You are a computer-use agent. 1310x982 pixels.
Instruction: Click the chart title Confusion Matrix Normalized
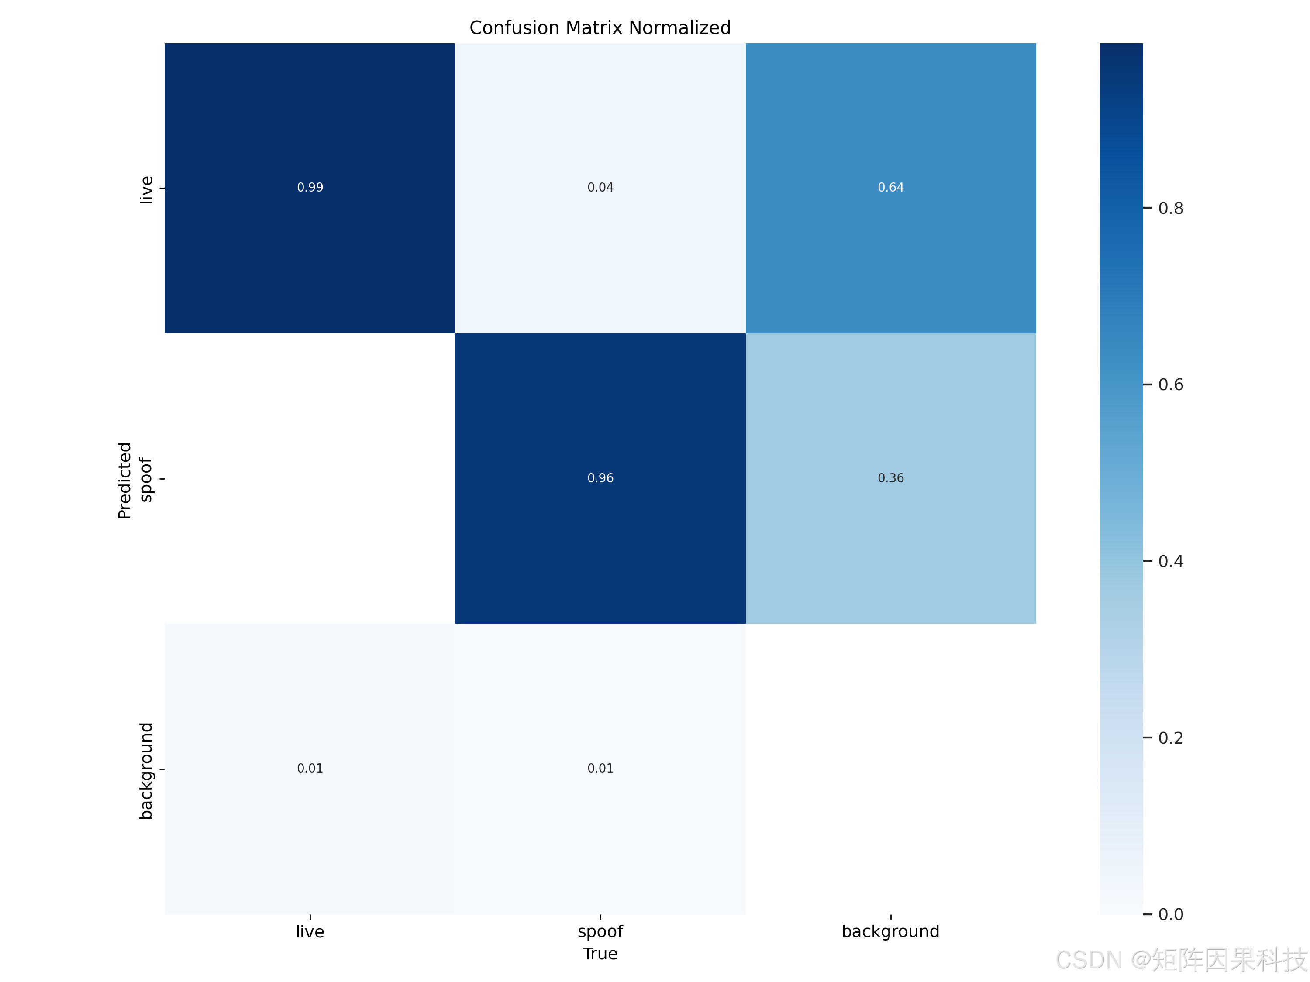(600, 28)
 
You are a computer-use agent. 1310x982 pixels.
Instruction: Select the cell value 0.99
(310, 188)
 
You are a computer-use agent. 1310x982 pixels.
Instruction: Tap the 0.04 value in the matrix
(600, 188)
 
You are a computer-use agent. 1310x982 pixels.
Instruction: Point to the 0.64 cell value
(890, 188)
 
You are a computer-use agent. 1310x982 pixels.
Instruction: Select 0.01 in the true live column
(310, 768)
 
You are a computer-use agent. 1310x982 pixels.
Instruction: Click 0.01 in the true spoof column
(600, 768)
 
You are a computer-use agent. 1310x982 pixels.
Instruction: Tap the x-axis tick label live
(310, 932)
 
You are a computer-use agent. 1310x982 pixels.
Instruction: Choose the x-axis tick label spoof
(600, 932)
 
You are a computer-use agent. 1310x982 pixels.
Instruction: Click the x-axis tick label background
(890, 932)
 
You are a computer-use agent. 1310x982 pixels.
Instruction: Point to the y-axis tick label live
(146, 189)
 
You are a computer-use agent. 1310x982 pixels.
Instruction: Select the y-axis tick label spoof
(146, 480)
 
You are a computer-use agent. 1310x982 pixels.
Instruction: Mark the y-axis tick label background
(146, 771)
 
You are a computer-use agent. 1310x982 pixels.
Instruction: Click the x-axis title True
(600, 954)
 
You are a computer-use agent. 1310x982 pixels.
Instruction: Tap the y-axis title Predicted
(124, 480)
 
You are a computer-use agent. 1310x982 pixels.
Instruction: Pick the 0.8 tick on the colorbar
(1170, 208)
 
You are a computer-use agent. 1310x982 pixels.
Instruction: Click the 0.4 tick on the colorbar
(1170, 561)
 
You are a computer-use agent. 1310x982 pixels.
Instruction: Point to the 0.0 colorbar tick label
(1170, 914)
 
